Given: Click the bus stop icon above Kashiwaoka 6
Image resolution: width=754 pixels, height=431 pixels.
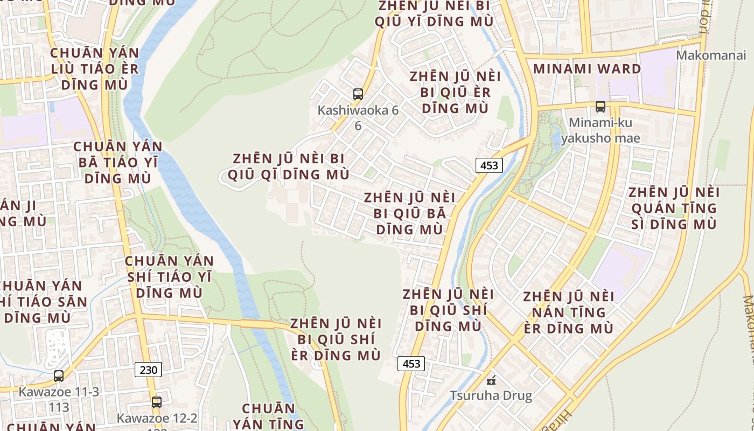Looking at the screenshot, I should [x=358, y=94].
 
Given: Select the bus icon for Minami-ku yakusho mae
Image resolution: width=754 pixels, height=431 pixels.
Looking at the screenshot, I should [x=601, y=107].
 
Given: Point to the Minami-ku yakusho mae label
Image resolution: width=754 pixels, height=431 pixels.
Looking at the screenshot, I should [x=601, y=130].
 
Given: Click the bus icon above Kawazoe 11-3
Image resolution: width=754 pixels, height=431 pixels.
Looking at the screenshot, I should [x=59, y=376].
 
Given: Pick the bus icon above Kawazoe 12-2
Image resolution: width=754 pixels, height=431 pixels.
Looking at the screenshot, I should [x=157, y=402].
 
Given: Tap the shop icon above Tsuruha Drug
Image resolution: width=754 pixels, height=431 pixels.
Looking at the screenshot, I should [x=491, y=380].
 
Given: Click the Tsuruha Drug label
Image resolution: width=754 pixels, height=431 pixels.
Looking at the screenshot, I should [x=491, y=396].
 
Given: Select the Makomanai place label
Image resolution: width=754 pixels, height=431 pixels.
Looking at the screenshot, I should [x=711, y=55].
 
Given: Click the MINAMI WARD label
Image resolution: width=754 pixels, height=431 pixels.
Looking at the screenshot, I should [x=587, y=69].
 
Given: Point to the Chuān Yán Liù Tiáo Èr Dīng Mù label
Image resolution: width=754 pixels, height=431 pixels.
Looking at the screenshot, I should [x=95, y=69].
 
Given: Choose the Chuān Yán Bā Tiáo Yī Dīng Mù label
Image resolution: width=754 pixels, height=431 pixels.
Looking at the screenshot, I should [x=117, y=162].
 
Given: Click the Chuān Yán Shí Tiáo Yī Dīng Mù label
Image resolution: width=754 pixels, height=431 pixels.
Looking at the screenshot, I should [x=169, y=276].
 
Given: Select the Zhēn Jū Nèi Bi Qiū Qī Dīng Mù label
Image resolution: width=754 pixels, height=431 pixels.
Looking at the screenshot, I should [x=289, y=166].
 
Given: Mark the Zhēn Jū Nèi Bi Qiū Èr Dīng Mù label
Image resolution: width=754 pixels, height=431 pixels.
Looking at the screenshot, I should [x=455, y=92].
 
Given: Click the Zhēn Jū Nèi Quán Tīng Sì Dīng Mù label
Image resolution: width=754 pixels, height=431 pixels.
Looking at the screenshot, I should [x=674, y=208].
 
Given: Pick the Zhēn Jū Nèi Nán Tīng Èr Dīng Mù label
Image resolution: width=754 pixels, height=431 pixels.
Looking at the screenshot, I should [x=568, y=312].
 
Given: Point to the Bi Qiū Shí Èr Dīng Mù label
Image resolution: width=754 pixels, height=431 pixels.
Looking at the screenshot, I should [x=336, y=339].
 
